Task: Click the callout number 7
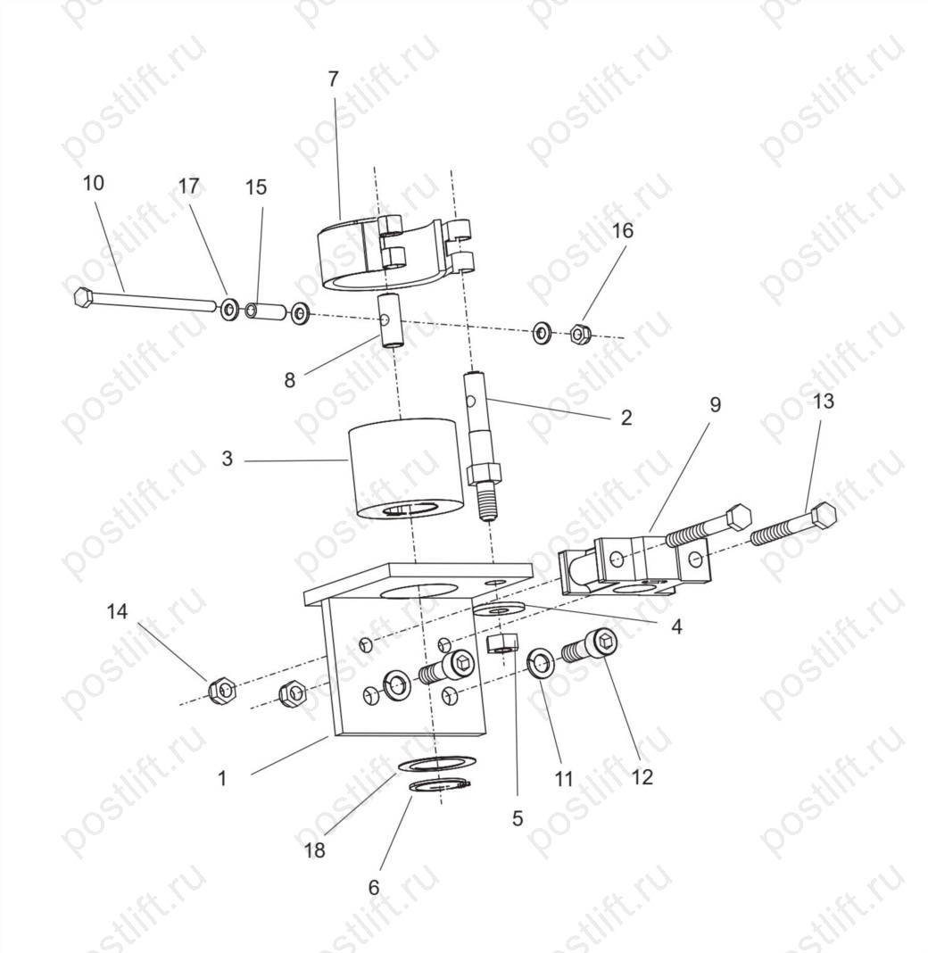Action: pos(333,79)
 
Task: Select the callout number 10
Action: pos(93,183)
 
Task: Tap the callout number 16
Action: pos(622,230)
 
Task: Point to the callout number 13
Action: pos(824,402)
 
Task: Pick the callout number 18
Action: pos(315,850)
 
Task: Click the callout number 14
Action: pos(117,611)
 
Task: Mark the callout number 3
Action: pos(228,459)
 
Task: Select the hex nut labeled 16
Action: pos(580,333)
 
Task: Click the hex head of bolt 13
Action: pos(823,516)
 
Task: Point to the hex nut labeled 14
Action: pos(222,691)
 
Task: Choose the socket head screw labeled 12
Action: pos(589,646)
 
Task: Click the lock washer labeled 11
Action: pos(540,663)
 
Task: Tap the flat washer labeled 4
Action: pos(499,609)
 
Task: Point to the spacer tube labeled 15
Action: pos(265,311)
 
